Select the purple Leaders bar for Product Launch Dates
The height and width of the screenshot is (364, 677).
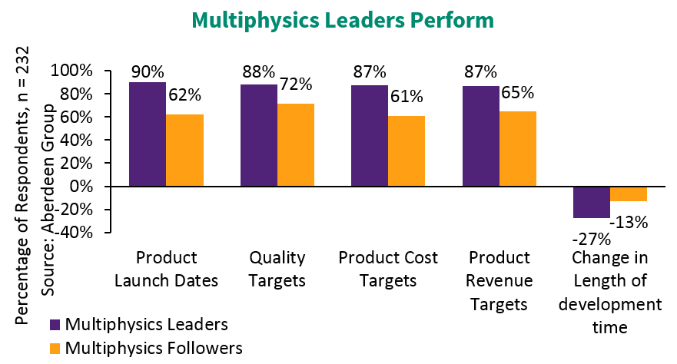point(147,134)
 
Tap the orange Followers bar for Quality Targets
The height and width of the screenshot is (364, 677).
point(296,145)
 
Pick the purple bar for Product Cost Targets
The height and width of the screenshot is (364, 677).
point(370,136)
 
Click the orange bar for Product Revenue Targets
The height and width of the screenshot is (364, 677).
point(518,149)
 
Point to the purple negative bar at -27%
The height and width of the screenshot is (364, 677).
point(591,202)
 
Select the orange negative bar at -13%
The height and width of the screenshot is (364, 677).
point(629,194)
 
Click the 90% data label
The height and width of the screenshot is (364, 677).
point(146,72)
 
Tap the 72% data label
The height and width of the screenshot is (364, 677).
point(295,75)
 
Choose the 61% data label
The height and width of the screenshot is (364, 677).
point(406,96)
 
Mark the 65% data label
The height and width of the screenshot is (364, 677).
point(517,94)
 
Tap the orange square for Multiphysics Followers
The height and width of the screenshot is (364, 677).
point(55,348)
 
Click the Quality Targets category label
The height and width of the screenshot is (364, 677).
point(277,269)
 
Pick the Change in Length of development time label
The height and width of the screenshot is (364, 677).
point(610,292)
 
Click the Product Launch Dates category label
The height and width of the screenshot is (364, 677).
point(166,269)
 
